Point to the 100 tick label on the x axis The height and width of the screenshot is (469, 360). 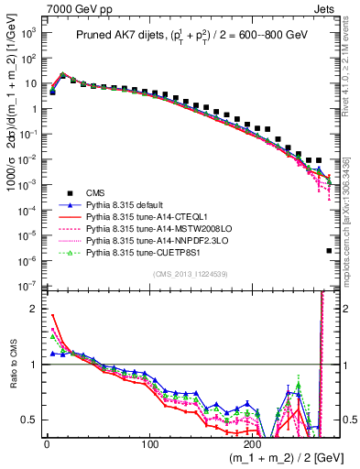(151, 444)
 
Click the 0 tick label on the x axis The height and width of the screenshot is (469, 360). (47, 444)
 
